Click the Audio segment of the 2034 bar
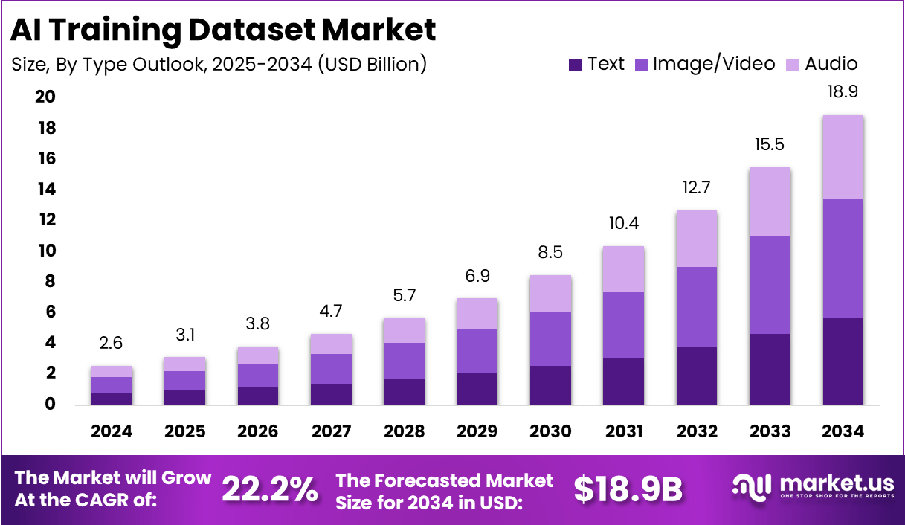pyautogui.click(x=842, y=157)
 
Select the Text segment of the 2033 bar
pyautogui.click(x=770, y=369)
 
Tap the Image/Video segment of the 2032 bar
pyautogui.click(x=697, y=306)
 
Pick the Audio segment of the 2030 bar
pyautogui.click(x=550, y=294)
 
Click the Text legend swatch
pyautogui.click(x=575, y=65)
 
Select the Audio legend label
pyautogui.click(x=831, y=64)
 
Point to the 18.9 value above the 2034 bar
pyautogui.click(x=842, y=92)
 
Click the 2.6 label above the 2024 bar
pyautogui.click(x=112, y=343)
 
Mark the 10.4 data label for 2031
pyautogui.click(x=623, y=223)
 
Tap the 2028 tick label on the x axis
pyautogui.click(x=404, y=431)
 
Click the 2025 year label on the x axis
pyautogui.click(x=184, y=431)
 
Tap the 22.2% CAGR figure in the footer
pyautogui.click(x=270, y=489)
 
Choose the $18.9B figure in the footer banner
pyautogui.click(x=628, y=489)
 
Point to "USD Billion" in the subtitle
pyautogui.click(x=371, y=65)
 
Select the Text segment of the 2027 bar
pyautogui.click(x=331, y=394)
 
